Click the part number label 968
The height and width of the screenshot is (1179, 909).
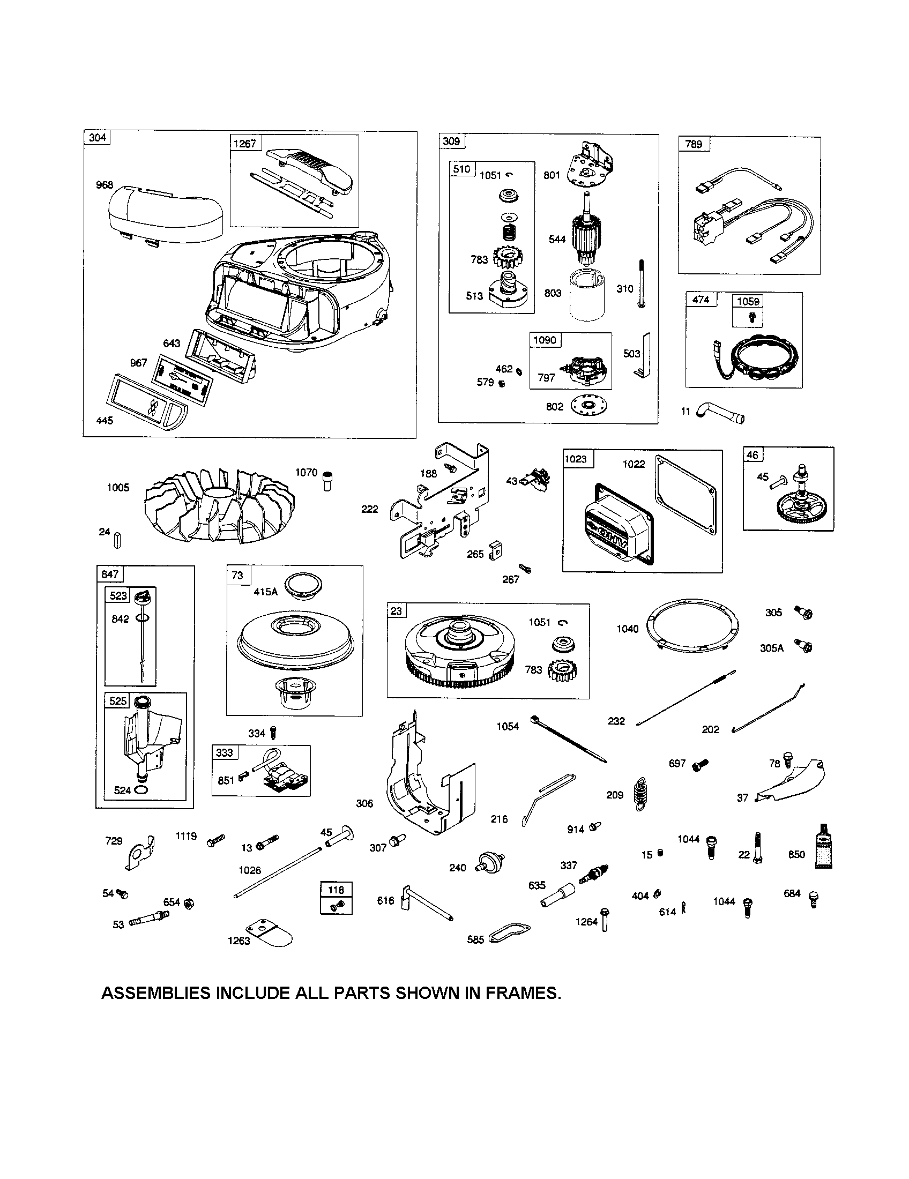[x=104, y=185]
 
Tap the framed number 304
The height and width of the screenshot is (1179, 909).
[x=97, y=138]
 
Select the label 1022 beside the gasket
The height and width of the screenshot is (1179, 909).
[x=633, y=464]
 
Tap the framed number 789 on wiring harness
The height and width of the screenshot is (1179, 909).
[x=694, y=144]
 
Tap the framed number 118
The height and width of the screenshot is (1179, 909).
[x=336, y=889]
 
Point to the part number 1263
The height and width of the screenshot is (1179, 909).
[x=239, y=941]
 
